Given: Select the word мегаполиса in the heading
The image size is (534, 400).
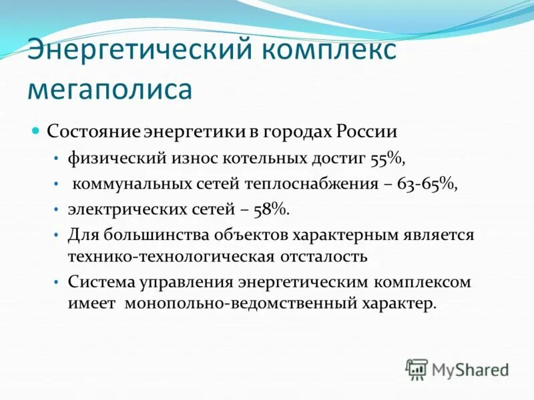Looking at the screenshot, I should [x=110, y=89].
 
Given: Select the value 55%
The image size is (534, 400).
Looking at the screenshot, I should [x=388, y=158].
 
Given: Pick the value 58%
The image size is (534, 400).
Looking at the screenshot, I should [x=272, y=209].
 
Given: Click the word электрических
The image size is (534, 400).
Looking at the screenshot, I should [x=117, y=209].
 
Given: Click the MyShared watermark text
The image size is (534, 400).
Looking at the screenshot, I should [x=471, y=369].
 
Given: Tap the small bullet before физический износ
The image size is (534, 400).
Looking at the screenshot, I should [x=56, y=158].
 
